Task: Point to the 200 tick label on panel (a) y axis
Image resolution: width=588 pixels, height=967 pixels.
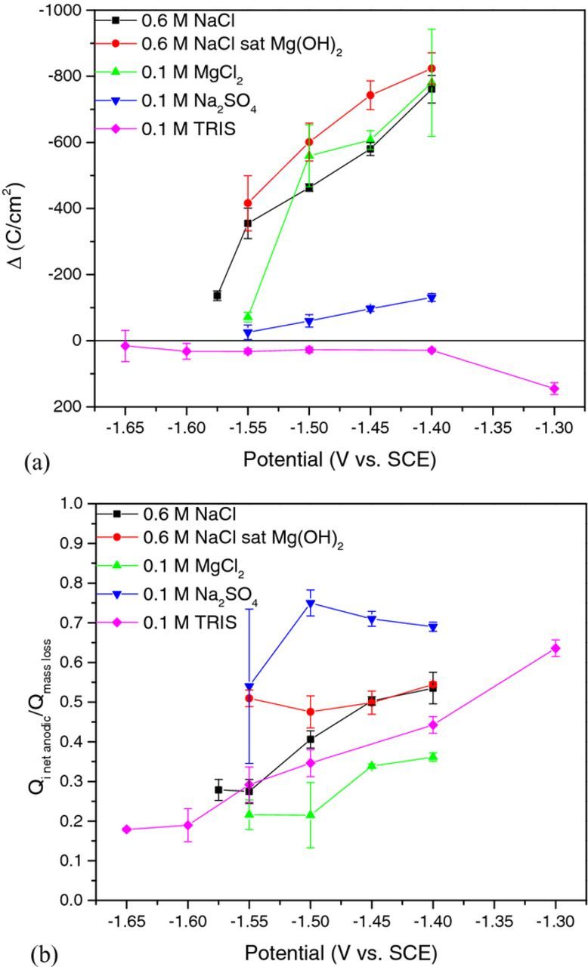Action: (73, 407)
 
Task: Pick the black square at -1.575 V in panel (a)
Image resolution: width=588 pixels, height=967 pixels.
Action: (217, 295)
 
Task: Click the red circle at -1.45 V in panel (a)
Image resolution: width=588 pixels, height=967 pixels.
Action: (370, 95)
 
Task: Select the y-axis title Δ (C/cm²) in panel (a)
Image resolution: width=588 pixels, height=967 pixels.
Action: (25, 208)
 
